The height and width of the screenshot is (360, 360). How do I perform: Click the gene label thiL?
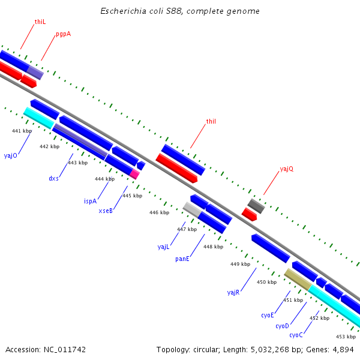(x=40, y=22)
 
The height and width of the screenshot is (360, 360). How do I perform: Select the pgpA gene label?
(x=63, y=34)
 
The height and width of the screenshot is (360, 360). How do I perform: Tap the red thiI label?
(x=211, y=121)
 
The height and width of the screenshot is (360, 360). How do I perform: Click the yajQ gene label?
(x=287, y=169)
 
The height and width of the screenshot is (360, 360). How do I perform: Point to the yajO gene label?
(x=11, y=155)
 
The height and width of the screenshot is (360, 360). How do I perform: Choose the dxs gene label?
(x=53, y=178)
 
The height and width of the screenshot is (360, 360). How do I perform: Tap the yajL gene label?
(x=164, y=247)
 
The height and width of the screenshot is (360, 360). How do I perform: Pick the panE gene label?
(x=182, y=259)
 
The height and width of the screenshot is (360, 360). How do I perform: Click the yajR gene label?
(x=233, y=292)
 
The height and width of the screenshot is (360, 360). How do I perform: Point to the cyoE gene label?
(x=267, y=315)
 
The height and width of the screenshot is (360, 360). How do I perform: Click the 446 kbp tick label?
(x=159, y=212)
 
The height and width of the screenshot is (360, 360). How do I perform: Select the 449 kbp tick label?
(x=240, y=264)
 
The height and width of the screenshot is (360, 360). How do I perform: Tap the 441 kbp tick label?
(x=22, y=131)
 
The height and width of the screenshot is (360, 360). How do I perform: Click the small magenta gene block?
(x=135, y=174)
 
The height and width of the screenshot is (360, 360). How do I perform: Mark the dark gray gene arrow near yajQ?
(x=256, y=206)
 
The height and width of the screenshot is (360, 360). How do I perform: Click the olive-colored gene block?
(x=298, y=278)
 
